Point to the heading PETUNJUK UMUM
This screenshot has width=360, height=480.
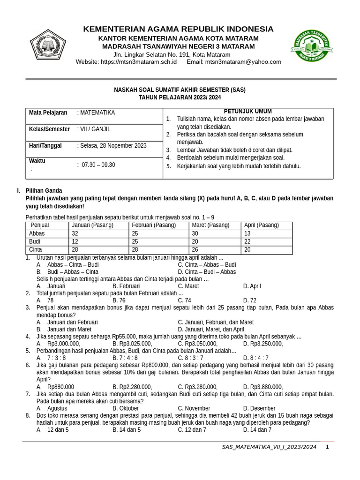(x=247, y=112)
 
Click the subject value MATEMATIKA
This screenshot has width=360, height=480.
(x=97, y=113)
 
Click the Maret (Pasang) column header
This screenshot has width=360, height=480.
(x=210, y=225)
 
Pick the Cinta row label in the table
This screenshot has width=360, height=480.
(x=36, y=250)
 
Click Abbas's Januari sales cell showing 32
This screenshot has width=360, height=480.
(x=75, y=234)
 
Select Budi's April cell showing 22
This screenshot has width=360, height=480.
(x=247, y=242)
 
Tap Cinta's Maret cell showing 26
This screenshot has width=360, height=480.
(x=195, y=250)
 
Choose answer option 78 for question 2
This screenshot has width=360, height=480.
(x=50, y=300)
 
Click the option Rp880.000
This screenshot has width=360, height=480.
(x=60, y=387)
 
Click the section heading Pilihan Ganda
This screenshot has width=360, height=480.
(x=44, y=191)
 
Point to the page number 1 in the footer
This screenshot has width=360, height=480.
(x=327, y=447)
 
